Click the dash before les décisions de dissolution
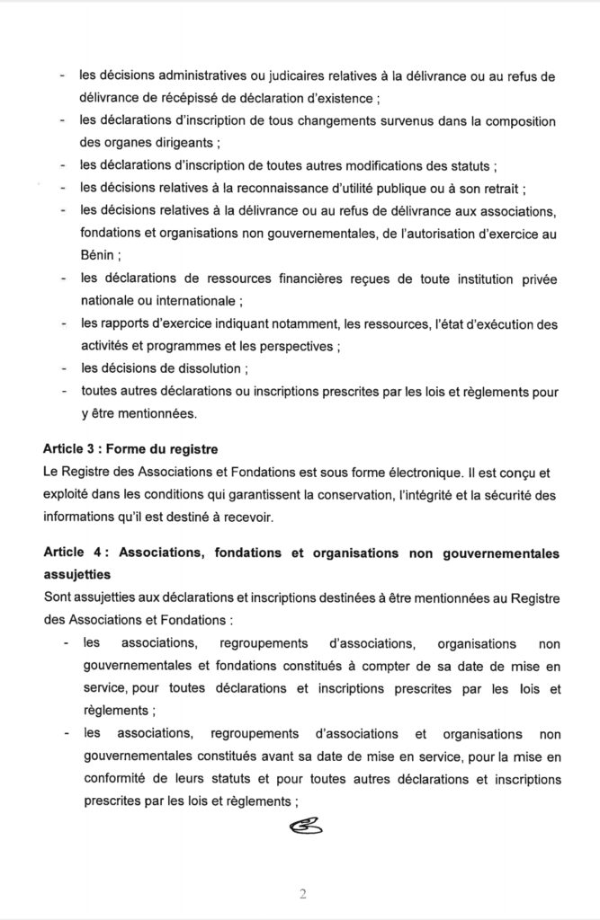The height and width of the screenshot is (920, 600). point(61,368)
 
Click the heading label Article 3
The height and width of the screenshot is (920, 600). point(71,447)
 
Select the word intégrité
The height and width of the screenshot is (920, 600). point(427,492)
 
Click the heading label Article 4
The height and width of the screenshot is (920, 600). point(72,553)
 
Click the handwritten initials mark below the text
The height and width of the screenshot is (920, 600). point(303,824)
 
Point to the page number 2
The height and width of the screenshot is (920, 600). point(302,894)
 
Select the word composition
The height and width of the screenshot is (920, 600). point(515,119)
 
